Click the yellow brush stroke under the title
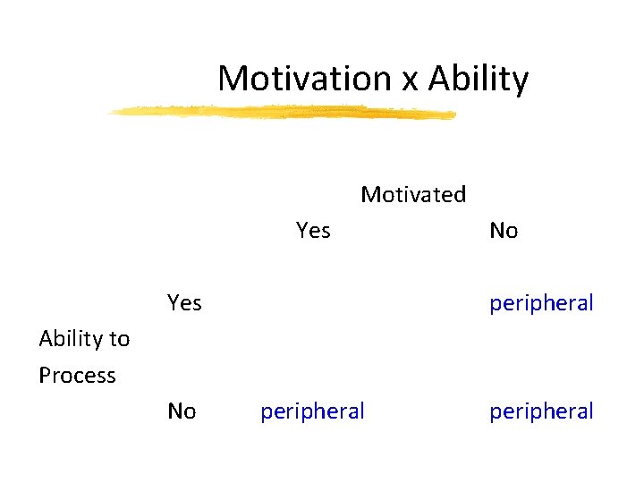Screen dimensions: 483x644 pos(282,112)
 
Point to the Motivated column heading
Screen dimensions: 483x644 pos(413,194)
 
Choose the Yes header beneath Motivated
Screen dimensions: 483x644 pos(313,231)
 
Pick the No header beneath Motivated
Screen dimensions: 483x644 pos(504,231)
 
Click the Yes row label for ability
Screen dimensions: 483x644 pos(184,303)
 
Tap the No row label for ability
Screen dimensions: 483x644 pos(182,411)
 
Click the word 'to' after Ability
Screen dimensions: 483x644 pos(120,339)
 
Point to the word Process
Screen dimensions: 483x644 pos(77,376)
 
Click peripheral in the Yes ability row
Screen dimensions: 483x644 pos(541,304)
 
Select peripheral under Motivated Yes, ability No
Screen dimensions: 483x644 pos(312,411)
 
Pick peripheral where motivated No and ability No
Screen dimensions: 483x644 pos(541,411)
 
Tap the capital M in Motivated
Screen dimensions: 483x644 pos(369,194)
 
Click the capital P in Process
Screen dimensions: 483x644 pos(45,375)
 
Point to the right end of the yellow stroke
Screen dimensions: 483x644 pos(453,114)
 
